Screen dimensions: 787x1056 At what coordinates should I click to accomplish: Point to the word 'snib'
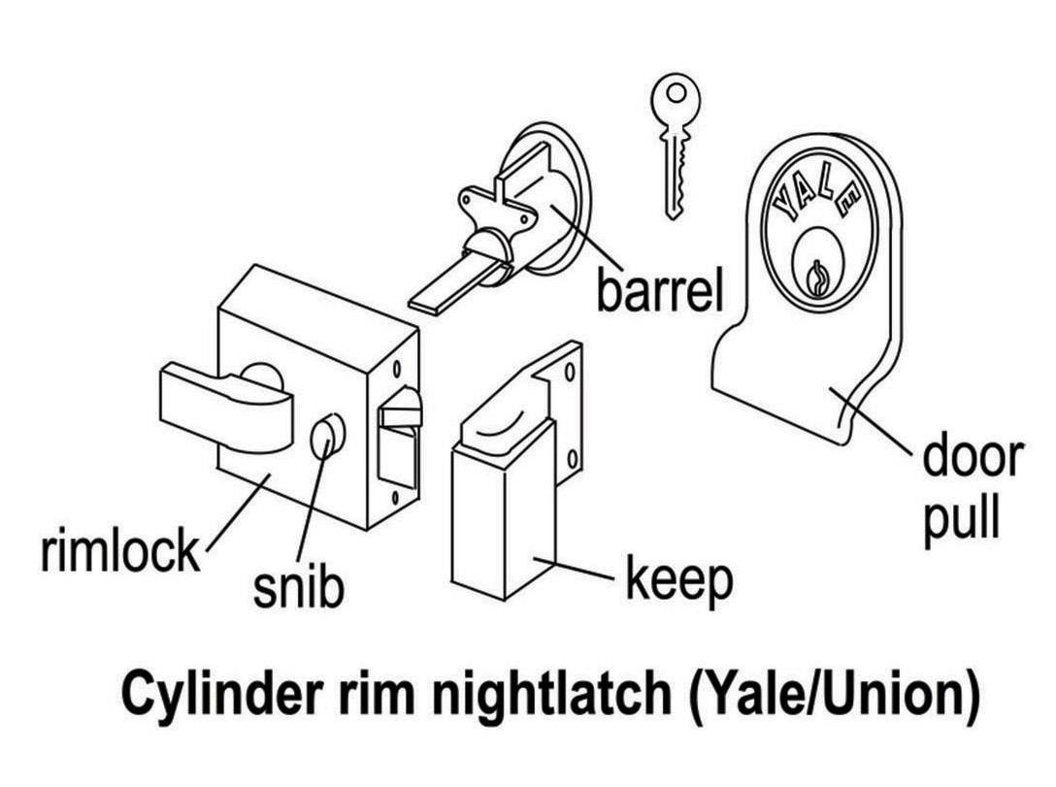[298, 585]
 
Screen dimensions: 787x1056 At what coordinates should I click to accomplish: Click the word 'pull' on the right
[960, 520]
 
